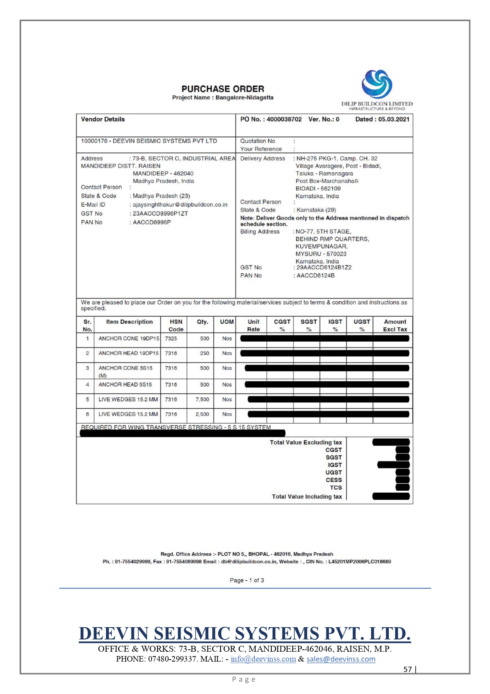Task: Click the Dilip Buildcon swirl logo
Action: [377, 84]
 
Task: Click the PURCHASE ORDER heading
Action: [223, 89]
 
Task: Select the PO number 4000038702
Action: [284, 119]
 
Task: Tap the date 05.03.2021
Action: [394, 119]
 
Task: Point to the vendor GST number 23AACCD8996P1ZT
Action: [160, 214]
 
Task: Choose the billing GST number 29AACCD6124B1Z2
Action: [324, 268]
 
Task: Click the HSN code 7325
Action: [171, 338]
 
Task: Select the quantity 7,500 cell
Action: [202, 399]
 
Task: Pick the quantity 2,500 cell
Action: [202, 414]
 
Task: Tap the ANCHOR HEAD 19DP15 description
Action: [128, 353]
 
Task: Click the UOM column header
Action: [227, 322]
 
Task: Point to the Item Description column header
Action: [129, 322]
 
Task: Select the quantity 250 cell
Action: [204, 353]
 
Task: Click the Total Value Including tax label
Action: [307, 497]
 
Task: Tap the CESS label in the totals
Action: [334, 480]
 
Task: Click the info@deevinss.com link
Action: [263, 659]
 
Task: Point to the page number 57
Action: [407, 669]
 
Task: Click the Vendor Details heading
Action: [103, 119]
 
